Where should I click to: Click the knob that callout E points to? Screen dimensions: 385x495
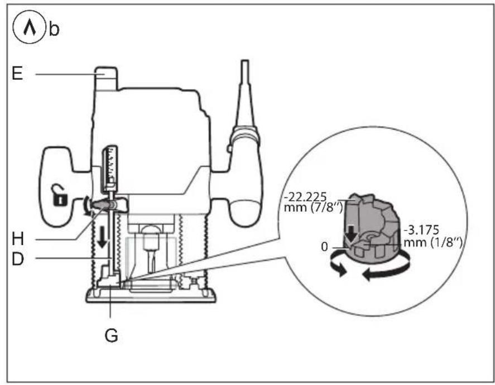[107, 78]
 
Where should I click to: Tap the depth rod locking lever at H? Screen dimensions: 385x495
[106, 206]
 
